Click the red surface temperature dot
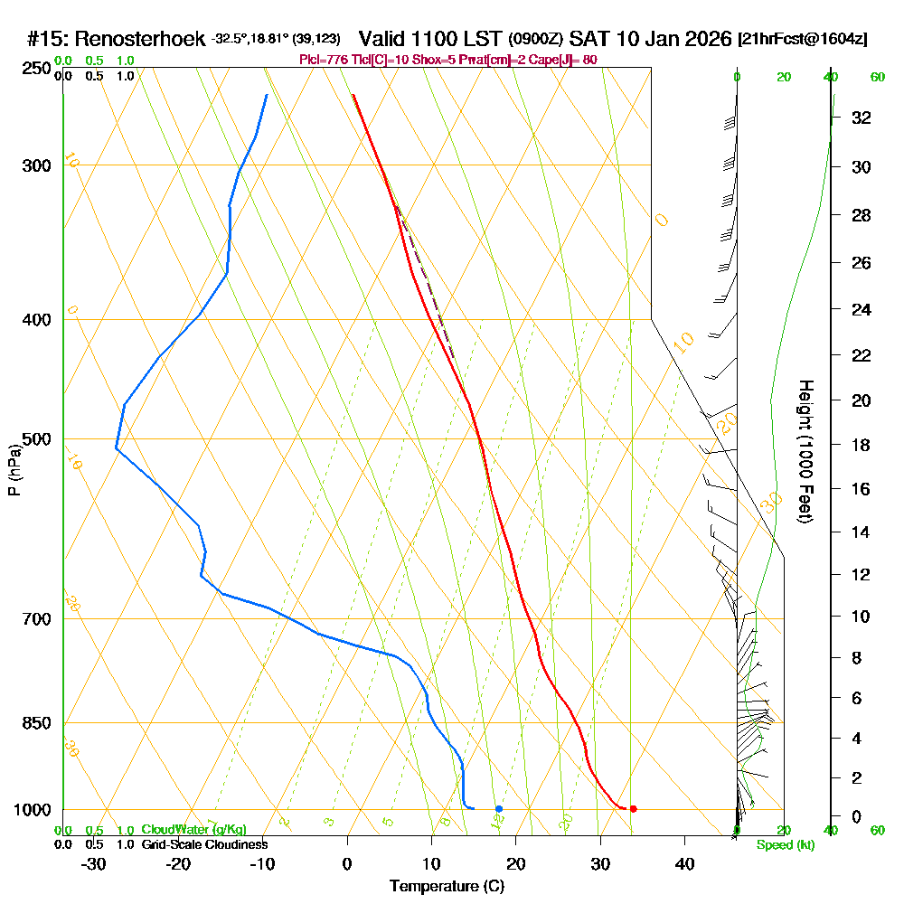click(x=633, y=808)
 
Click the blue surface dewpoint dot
click(x=498, y=808)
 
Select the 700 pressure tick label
click(x=35, y=619)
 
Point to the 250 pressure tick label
click(x=35, y=68)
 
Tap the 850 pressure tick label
click(x=35, y=723)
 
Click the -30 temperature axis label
click(x=94, y=863)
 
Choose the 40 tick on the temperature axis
click(x=684, y=863)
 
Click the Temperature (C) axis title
click(x=447, y=887)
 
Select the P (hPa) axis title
click(x=14, y=470)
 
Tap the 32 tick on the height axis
click(x=861, y=118)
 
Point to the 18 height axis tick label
click(x=861, y=445)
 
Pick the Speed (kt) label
click(x=783, y=844)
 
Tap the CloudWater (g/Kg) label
click(x=193, y=830)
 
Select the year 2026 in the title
click(x=707, y=39)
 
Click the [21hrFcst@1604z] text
click(x=804, y=39)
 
